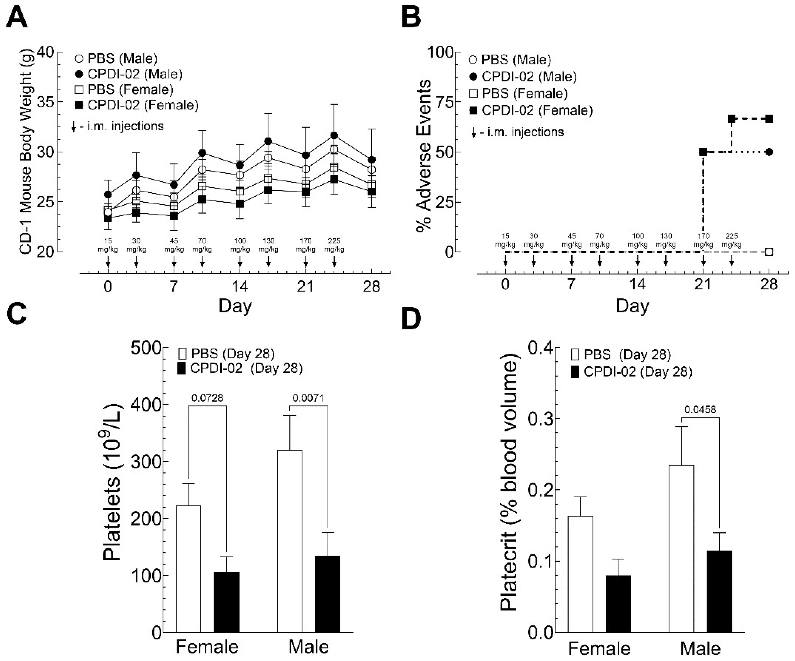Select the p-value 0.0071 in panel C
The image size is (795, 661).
308,398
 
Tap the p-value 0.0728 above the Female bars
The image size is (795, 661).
207,398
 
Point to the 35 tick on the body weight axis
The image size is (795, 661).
45,102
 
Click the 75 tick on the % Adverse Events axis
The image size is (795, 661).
445,102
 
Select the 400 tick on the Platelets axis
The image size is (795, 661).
146,405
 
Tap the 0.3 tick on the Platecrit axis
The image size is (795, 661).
539,419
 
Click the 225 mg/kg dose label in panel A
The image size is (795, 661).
334,245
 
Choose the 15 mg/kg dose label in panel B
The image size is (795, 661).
505,240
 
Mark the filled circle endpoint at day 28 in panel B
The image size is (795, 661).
768,152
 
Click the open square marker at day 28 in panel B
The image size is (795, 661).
768,252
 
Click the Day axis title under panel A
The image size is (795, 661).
235,306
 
